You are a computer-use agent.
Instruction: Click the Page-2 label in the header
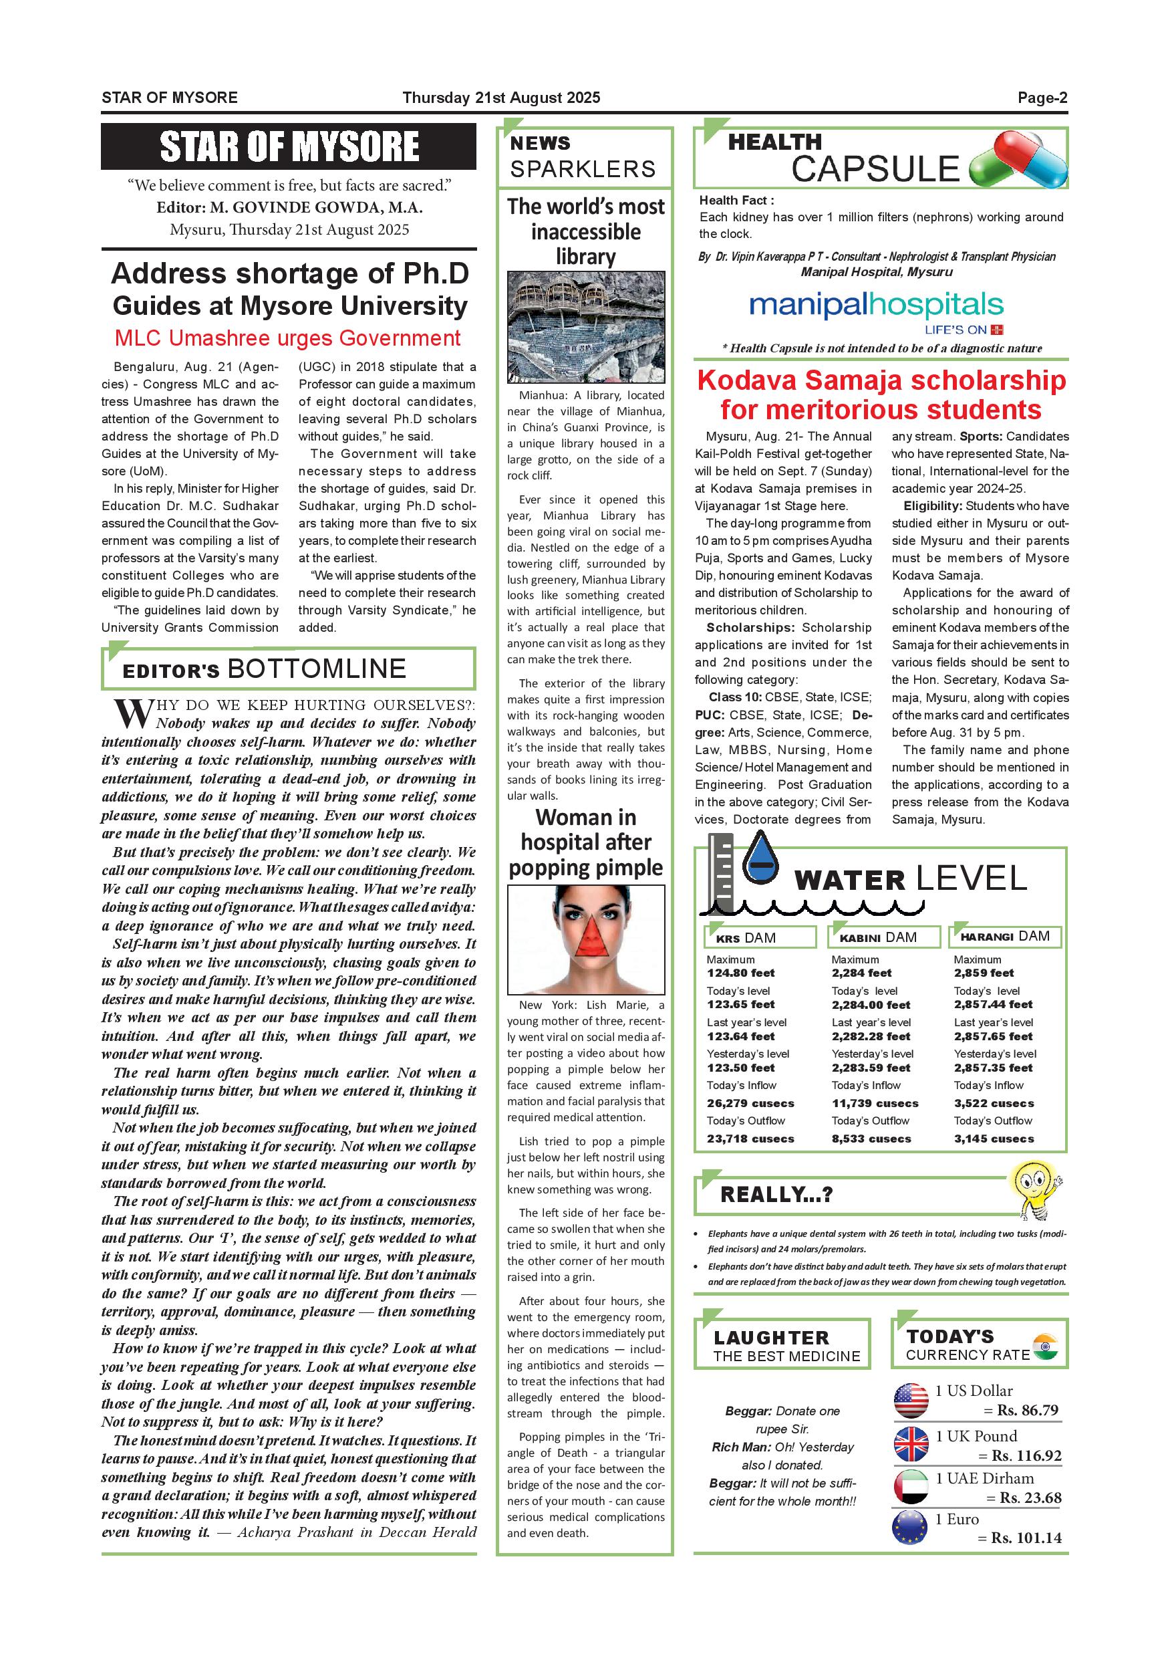(1042, 98)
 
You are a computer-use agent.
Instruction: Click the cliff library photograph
(585, 327)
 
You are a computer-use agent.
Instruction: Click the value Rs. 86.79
(1028, 1411)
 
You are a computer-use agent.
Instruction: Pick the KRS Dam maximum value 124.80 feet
(740, 973)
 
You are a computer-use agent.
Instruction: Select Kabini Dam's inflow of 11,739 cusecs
(875, 1103)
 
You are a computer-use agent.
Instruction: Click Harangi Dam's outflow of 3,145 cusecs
(994, 1139)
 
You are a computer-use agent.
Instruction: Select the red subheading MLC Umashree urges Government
(287, 338)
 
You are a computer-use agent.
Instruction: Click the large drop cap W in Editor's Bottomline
(133, 713)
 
